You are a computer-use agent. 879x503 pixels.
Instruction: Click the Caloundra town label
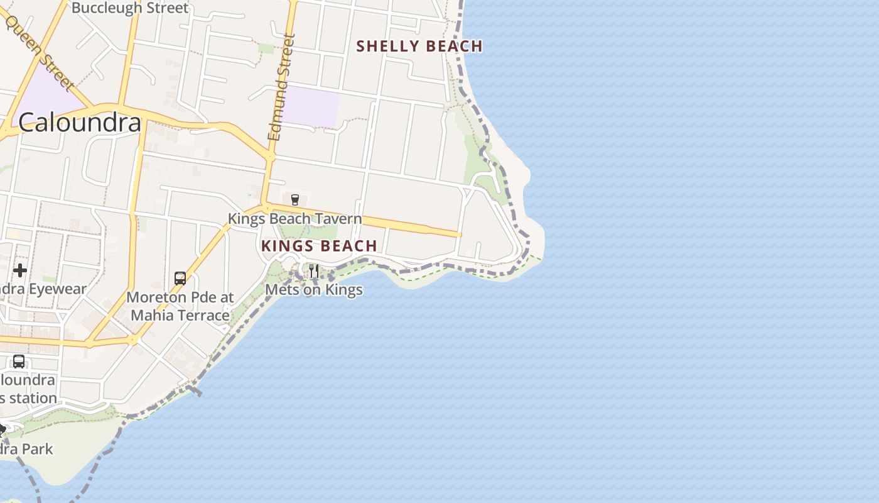coord(80,122)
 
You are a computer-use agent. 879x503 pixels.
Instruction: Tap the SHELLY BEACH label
coord(419,46)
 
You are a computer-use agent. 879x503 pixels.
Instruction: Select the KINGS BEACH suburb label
coord(319,246)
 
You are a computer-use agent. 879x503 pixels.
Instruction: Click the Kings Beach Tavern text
coord(294,219)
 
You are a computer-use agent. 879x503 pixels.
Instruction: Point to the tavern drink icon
coord(294,200)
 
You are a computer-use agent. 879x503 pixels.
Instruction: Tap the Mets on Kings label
coord(314,290)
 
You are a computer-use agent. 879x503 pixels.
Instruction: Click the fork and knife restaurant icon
coord(313,271)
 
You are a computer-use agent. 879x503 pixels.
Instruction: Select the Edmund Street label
coord(281,88)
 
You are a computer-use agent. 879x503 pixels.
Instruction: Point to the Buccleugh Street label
coord(130,8)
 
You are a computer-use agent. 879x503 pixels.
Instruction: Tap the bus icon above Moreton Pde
coord(180,278)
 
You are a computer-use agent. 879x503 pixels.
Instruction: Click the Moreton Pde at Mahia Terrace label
coord(180,306)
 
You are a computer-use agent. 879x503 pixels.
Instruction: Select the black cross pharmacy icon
coord(20,270)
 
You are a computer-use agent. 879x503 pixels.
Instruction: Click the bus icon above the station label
coord(19,362)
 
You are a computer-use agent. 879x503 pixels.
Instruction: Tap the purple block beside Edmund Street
coord(311,106)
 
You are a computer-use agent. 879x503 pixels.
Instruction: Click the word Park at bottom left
coord(38,449)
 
